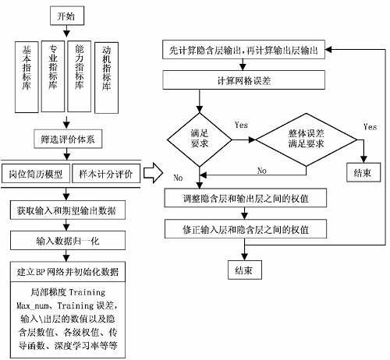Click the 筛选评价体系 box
click(69, 140)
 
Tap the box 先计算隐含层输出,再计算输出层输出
click(243, 50)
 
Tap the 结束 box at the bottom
click(243, 271)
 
